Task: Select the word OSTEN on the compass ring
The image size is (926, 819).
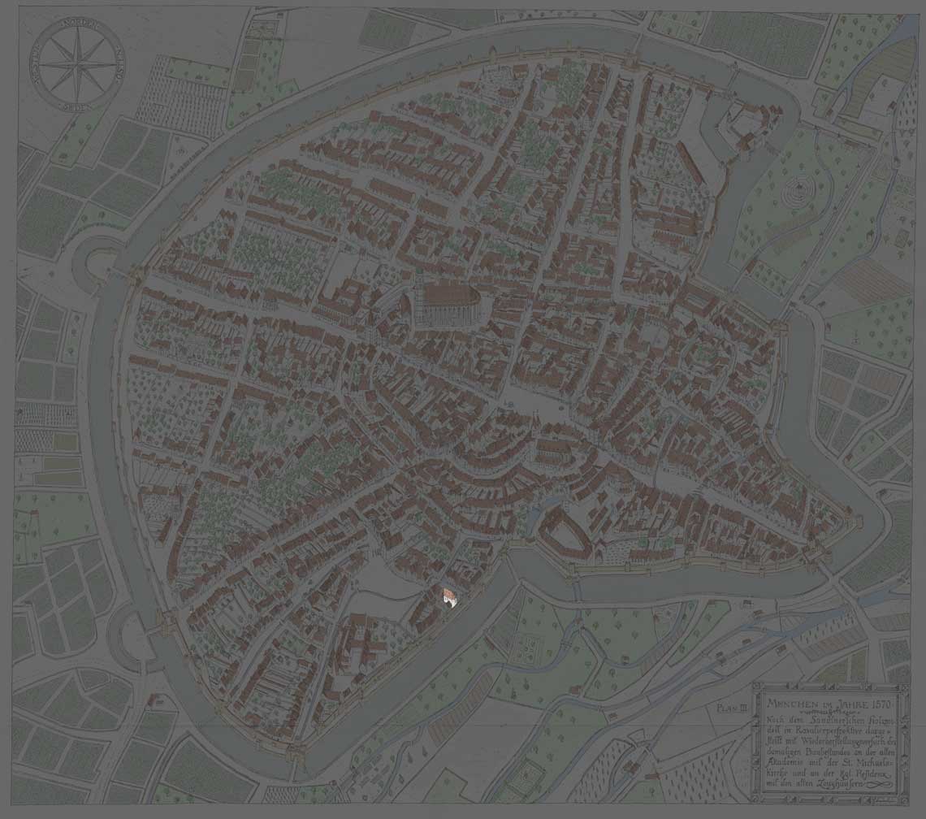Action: point(111,63)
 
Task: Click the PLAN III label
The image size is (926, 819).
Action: point(731,708)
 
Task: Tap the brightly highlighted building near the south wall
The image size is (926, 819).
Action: point(448,597)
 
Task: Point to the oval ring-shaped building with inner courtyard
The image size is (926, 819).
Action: point(565,531)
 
